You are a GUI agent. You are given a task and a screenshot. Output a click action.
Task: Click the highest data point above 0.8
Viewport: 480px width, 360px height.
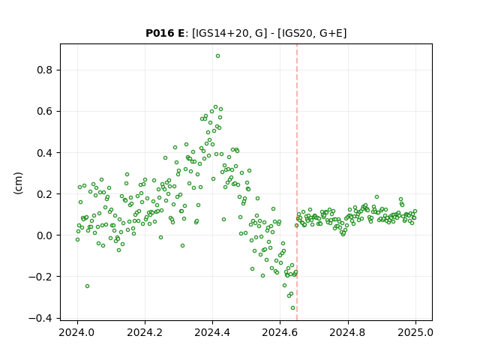click(217, 56)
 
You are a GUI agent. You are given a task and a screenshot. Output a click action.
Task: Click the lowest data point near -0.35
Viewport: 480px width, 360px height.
click(292, 308)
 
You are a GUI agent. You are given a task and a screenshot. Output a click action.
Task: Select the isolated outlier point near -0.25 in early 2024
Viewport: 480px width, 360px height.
click(87, 286)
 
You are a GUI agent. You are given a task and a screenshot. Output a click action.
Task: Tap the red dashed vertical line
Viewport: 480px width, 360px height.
click(297, 182)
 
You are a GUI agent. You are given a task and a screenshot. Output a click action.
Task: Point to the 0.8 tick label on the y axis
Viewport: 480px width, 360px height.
click(45, 70)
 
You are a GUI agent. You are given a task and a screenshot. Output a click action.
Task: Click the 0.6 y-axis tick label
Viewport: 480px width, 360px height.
click(45, 112)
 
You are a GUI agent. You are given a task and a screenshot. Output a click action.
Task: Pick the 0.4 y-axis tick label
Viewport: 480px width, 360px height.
click(45, 153)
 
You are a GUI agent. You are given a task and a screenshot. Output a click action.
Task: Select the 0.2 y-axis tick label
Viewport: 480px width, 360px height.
click(45, 194)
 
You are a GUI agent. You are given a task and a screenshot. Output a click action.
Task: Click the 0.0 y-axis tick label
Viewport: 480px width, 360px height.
click(45, 235)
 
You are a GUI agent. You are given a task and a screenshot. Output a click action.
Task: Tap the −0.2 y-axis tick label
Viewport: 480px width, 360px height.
click(40, 277)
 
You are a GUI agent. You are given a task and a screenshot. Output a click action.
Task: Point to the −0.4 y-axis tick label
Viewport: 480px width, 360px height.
click(40, 318)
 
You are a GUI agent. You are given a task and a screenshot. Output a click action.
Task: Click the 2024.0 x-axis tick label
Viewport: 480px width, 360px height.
click(77, 332)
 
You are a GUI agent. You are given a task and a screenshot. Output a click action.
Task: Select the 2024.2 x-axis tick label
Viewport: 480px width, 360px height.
click(145, 332)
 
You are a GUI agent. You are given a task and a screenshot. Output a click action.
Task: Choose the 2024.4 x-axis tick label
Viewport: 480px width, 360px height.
click(212, 332)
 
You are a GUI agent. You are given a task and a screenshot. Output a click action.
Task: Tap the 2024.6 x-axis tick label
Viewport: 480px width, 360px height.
click(280, 332)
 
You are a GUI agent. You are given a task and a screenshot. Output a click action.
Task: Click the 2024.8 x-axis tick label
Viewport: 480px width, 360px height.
click(348, 332)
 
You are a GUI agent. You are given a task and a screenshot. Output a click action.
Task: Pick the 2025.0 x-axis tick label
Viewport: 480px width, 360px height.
click(415, 332)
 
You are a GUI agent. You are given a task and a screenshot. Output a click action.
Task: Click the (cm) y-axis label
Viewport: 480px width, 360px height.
click(18, 183)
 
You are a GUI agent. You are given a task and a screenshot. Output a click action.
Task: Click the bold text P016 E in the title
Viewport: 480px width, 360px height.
click(165, 33)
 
